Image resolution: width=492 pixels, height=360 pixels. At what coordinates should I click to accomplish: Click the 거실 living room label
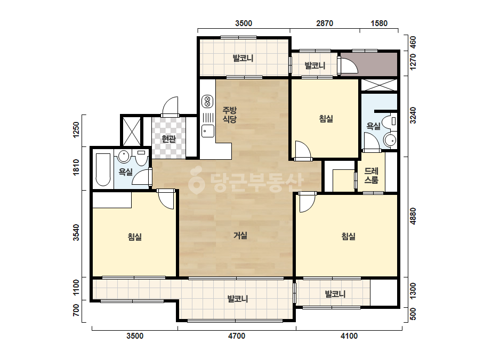[x=240, y=235]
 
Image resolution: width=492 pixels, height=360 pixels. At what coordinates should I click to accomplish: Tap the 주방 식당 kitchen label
[x=229, y=114]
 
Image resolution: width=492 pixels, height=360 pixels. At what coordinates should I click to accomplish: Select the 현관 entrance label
[x=168, y=138]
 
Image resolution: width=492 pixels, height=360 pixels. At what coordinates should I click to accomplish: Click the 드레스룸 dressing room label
[x=371, y=175]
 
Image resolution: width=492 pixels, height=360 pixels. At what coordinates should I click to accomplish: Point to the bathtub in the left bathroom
[x=103, y=169]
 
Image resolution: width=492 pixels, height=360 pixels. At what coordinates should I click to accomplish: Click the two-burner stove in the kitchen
[x=207, y=102]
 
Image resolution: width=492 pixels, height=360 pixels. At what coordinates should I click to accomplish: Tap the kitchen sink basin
[x=207, y=130]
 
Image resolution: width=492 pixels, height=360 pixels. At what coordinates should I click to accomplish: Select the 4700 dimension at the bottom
[x=237, y=336]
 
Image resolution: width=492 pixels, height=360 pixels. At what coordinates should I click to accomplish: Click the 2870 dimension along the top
[x=325, y=23]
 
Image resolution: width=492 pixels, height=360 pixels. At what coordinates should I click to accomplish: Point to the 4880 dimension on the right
[x=413, y=216]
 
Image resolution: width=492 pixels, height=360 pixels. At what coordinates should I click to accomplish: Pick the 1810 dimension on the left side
[x=76, y=168]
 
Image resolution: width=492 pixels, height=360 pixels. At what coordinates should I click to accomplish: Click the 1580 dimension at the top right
[x=379, y=23]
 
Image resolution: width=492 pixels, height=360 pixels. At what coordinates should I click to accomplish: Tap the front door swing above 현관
[x=170, y=107]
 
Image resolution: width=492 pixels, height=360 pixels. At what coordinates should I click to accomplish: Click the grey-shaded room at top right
[x=369, y=64]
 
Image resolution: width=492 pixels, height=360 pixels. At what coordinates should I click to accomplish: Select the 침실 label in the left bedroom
[x=135, y=236]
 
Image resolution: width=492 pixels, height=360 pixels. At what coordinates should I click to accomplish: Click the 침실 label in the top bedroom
[x=326, y=119]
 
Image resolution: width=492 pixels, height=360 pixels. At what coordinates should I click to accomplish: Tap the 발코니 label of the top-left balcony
[x=243, y=58]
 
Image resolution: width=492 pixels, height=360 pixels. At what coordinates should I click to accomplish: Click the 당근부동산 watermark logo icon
[x=196, y=180]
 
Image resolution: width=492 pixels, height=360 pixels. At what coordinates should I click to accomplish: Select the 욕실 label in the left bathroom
[x=125, y=172]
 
